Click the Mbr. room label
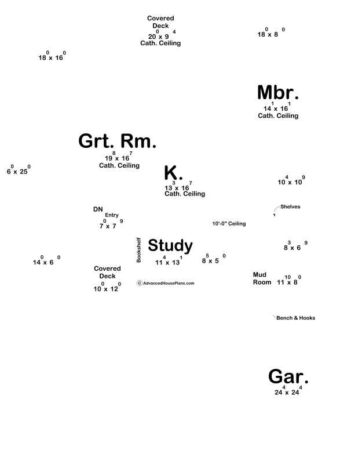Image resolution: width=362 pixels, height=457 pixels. [278, 93]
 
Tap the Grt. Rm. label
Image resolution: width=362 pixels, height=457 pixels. [117, 141]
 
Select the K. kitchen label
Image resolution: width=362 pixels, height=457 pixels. [173, 173]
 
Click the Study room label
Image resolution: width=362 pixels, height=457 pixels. [170, 245]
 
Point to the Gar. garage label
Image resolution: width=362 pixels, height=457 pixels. [288, 377]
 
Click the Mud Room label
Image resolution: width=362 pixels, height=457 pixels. [262, 278]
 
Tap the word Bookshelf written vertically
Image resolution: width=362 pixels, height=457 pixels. [139, 250]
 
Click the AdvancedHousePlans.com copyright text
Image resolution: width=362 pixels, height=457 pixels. [166, 284]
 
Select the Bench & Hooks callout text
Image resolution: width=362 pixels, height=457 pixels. [295, 318]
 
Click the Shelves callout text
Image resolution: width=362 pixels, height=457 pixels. [290, 206]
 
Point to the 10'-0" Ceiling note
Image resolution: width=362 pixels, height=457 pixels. [229, 223]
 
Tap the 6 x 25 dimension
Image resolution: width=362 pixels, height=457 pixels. [18, 171]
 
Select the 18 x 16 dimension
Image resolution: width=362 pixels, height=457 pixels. [52, 57]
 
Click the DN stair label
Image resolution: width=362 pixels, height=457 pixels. [98, 209]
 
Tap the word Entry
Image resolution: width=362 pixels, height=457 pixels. [112, 215]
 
